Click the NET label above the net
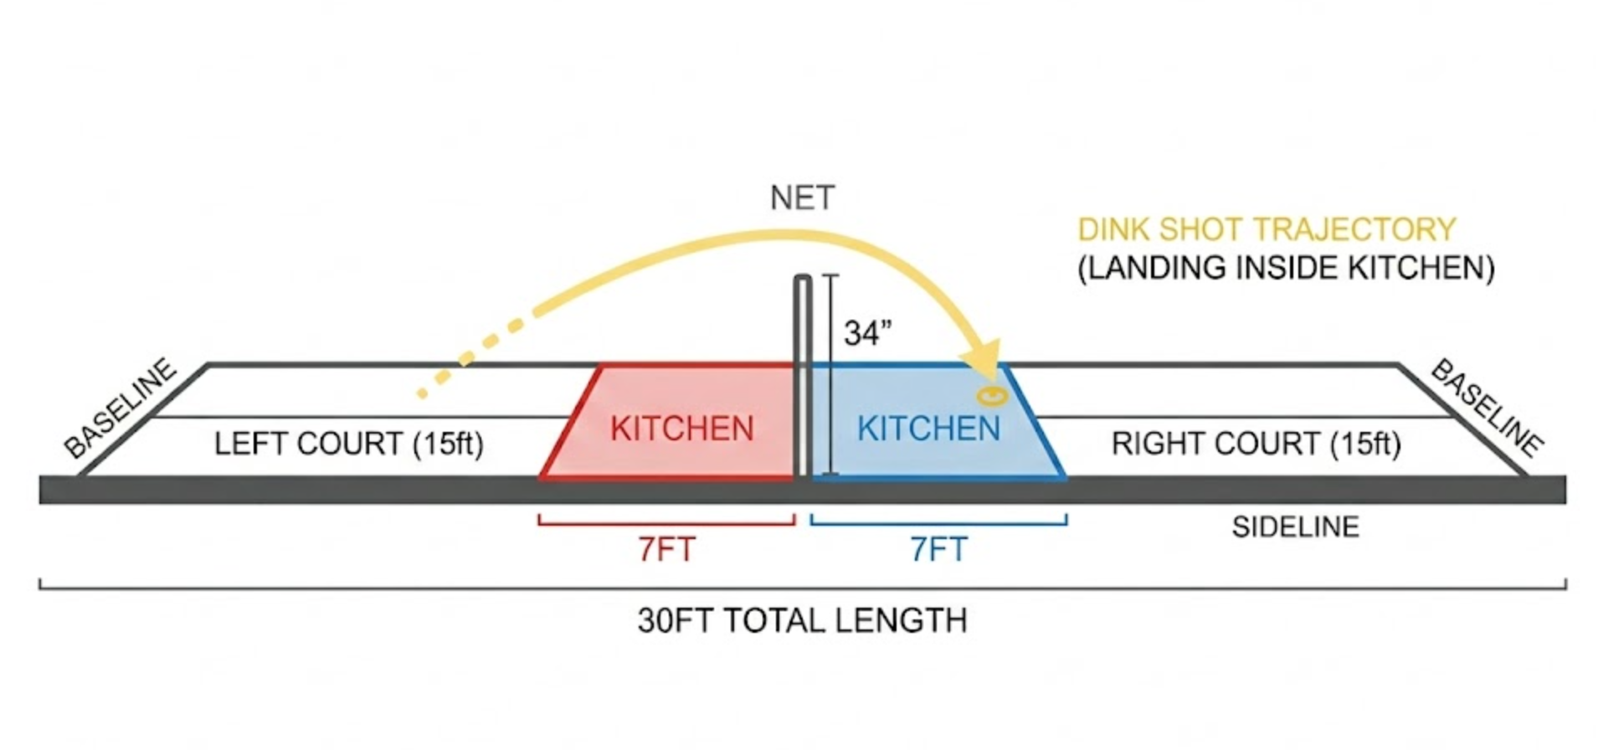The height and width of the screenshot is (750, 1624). (802, 198)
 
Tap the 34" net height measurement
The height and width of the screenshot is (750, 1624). (868, 333)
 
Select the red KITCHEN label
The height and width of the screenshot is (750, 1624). (682, 429)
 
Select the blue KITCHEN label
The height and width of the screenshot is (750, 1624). (928, 429)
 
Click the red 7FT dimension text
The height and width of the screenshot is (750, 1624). (666, 549)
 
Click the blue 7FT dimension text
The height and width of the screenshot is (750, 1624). (938, 549)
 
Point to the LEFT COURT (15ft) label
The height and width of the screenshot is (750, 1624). (349, 444)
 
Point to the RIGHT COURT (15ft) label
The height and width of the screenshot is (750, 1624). (1256, 444)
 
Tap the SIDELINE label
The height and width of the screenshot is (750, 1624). (1295, 527)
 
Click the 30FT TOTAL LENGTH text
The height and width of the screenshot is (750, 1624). (802, 620)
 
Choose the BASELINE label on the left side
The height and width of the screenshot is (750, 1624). (121, 408)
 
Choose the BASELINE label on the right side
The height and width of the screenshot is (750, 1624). (1487, 408)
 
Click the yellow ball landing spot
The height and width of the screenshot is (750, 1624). (992, 395)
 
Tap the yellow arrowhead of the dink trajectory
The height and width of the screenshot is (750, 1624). (983, 360)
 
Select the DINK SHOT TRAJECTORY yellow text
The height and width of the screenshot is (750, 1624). (1267, 229)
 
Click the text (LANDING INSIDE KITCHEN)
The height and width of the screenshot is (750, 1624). (1286, 268)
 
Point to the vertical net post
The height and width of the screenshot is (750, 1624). (802, 377)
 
